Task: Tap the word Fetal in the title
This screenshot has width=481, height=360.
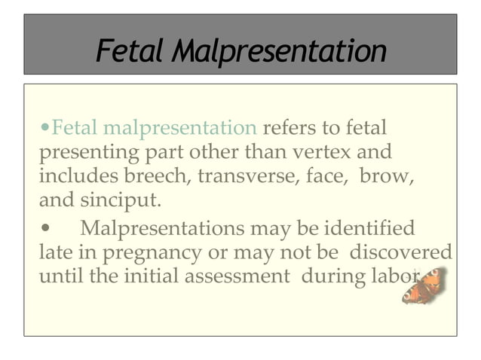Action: (130, 52)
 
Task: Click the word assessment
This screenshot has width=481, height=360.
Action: (237, 276)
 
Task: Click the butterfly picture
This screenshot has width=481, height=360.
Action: (424, 285)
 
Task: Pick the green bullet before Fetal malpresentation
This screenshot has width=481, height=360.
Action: (46, 127)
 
